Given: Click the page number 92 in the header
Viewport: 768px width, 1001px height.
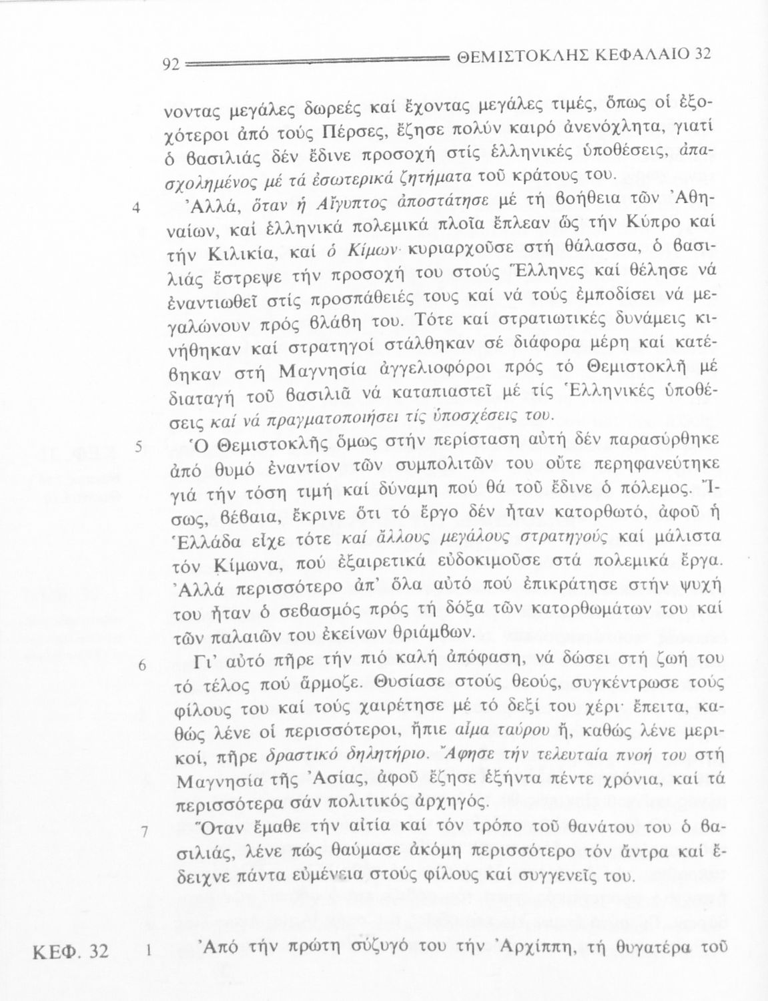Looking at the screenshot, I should pyautogui.click(x=172, y=65).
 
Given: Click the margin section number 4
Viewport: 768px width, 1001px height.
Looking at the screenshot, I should pyautogui.click(x=135, y=207).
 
